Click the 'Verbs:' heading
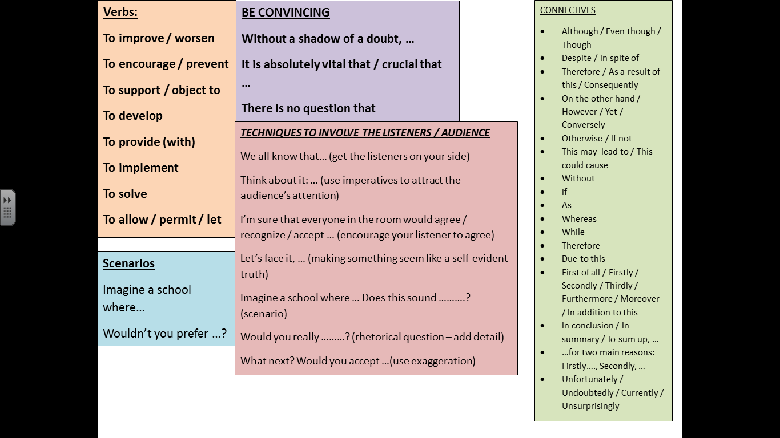pyautogui.click(x=120, y=12)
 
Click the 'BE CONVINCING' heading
pyautogui.click(x=286, y=13)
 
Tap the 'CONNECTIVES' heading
pyautogui.click(x=568, y=10)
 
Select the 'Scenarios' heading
pyautogui.click(x=128, y=263)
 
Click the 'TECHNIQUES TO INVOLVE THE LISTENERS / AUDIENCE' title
pyautogui.click(x=365, y=133)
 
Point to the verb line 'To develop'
pyautogui.click(x=132, y=116)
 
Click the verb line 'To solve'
pyautogui.click(x=125, y=194)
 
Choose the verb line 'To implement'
pyautogui.click(x=140, y=168)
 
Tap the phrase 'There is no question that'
pyautogui.click(x=308, y=108)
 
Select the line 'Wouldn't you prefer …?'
pyautogui.click(x=164, y=334)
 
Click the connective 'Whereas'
pyautogui.click(x=579, y=219)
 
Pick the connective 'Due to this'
pyautogui.click(x=583, y=259)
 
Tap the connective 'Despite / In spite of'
pyautogui.click(x=600, y=58)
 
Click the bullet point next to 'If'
pyautogui.click(x=542, y=192)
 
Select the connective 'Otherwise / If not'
pyautogui.click(x=597, y=139)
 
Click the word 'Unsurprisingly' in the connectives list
pyautogui.click(x=590, y=406)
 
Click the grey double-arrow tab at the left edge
pyautogui.click(x=7, y=208)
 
